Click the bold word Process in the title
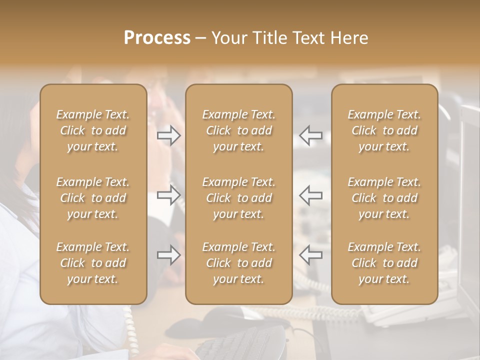[x=157, y=38]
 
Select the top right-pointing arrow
[x=169, y=135]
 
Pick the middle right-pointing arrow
[x=169, y=195]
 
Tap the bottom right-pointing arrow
[x=169, y=255]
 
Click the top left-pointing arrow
[x=311, y=135]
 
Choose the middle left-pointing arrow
[x=311, y=195]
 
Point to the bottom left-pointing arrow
[x=311, y=255]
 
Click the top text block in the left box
[x=93, y=130]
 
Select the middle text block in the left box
[x=93, y=198]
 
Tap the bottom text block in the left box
[x=93, y=263]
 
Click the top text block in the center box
[x=239, y=130]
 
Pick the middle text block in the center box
[x=239, y=198]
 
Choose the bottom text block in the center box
[x=239, y=263]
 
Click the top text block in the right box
[x=384, y=130]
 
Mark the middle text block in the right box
[x=384, y=198]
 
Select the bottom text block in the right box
[x=384, y=263]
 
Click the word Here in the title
[x=350, y=38]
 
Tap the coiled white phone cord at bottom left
[x=128, y=325]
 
